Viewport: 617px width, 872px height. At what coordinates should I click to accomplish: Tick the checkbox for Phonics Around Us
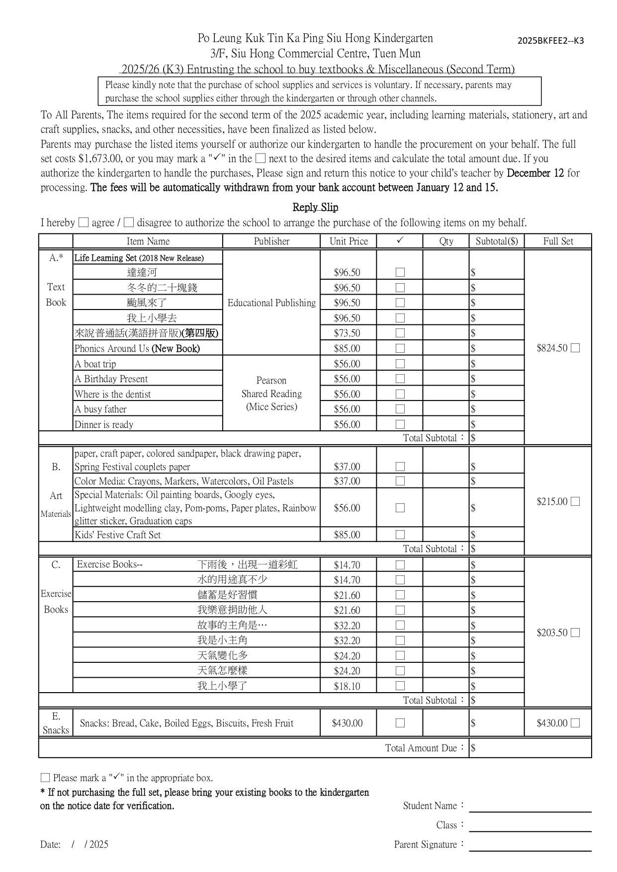coord(400,348)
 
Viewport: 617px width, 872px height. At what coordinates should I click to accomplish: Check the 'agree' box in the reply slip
coord(84,223)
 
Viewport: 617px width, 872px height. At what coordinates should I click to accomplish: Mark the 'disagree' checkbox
coord(129,223)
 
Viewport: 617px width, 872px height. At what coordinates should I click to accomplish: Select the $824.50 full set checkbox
coord(575,348)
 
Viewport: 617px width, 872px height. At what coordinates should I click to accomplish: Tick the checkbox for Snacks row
coord(400,723)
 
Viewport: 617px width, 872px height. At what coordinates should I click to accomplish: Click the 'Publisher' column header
coord(271,241)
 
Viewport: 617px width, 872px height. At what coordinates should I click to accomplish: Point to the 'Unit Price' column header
coord(349,241)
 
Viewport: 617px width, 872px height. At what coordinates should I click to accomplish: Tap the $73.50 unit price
coord(347,333)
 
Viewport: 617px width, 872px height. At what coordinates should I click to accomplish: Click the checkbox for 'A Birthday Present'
coord(400,379)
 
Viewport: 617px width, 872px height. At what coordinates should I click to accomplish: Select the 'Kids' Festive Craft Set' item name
coord(118,535)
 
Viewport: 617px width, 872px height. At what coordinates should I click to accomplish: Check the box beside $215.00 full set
coord(575,502)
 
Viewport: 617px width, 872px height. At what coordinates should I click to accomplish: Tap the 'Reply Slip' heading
coord(315,207)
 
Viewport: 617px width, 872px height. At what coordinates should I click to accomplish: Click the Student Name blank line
coord(530,807)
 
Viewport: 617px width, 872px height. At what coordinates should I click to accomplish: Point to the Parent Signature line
coord(530,846)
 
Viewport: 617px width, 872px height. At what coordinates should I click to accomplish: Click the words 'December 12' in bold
coord(535,173)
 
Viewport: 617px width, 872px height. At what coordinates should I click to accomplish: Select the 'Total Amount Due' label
coord(421,748)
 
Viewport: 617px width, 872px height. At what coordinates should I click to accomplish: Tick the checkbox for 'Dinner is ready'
coord(400,425)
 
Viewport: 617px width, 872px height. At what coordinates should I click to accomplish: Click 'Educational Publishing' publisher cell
coord(271,303)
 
